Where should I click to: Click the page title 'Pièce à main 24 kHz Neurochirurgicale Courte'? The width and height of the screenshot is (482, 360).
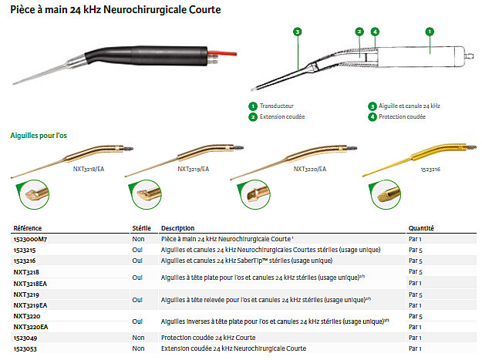click(x=116, y=10)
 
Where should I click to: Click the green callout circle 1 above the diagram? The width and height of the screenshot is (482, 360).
click(x=430, y=32)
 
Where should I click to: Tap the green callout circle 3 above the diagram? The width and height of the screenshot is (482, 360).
click(x=297, y=32)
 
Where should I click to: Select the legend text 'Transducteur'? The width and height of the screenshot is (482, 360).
click(x=277, y=106)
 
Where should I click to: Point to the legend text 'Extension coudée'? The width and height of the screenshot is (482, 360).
click(x=282, y=116)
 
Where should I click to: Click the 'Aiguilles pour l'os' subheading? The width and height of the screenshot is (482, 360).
click(x=39, y=135)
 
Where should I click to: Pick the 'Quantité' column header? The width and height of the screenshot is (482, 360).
click(x=421, y=228)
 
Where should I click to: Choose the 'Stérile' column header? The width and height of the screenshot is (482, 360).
click(x=143, y=228)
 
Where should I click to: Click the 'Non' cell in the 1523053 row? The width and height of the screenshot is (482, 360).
click(x=139, y=348)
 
